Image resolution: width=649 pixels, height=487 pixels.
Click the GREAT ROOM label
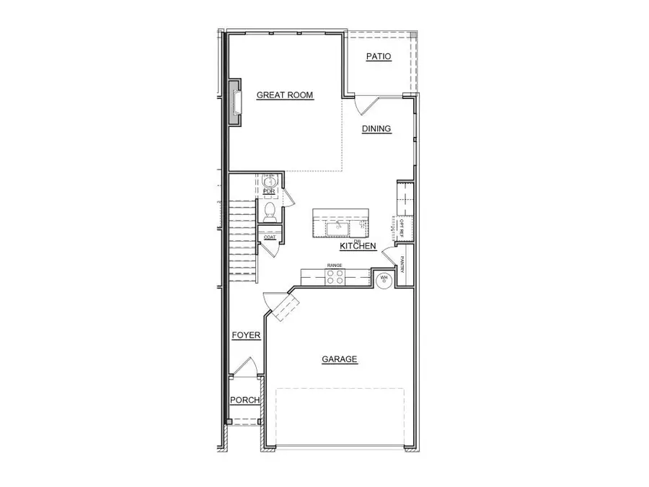pos(285,95)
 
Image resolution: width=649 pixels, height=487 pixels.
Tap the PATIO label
pos(378,56)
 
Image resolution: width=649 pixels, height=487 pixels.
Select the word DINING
pos(376,129)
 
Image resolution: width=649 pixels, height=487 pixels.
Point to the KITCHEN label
pos(358,247)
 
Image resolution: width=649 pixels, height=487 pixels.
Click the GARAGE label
pos(339,359)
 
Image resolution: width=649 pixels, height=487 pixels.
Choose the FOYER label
pos(246,335)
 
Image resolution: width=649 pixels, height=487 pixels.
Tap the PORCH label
pos(244,400)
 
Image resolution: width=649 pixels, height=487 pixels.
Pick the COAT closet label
pos(270,237)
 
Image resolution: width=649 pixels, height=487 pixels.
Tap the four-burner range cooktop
pos(335,277)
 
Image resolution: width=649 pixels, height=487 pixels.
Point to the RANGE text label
pos(335,266)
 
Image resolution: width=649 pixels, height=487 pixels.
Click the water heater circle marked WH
pos(384,278)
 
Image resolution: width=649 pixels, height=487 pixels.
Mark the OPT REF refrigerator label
pos(392,227)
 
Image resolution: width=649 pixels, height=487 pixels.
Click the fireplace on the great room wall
pos(235,102)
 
